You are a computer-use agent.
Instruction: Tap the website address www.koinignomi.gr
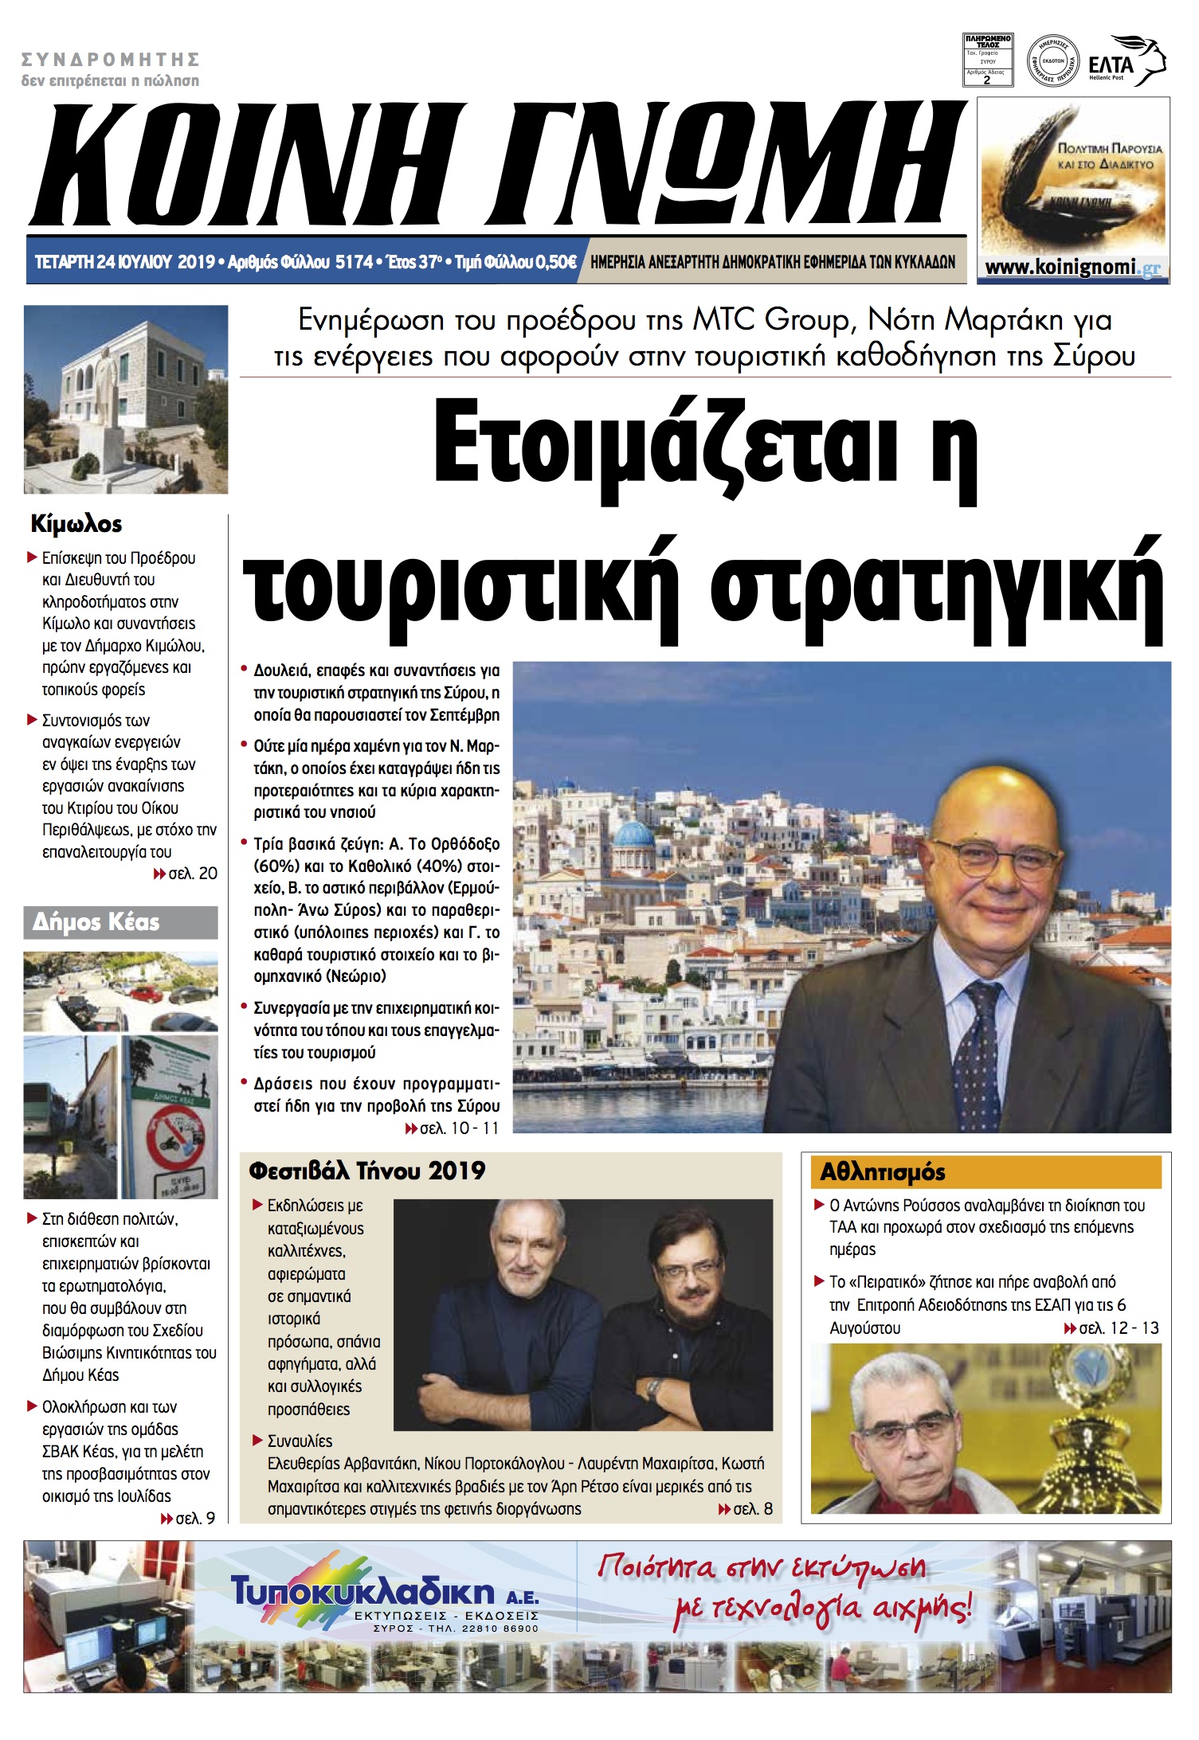coord(1072,268)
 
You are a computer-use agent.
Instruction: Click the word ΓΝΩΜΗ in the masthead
coord(723,164)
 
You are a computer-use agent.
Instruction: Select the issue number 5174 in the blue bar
coord(354,262)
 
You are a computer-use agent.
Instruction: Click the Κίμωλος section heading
coord(76,524)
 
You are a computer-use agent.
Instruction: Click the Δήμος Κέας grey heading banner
coord(120,922)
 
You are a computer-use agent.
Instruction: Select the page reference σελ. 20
coord(186,874)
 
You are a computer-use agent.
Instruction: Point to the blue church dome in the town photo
coord(634,835)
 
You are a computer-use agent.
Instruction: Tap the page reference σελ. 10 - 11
coord(452,1128)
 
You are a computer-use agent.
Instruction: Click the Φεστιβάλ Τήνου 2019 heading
coord(367,1171)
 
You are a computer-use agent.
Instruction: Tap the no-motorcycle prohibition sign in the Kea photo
coord(174,1136)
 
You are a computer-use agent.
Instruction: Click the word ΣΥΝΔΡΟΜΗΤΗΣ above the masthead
coord(110,60)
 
